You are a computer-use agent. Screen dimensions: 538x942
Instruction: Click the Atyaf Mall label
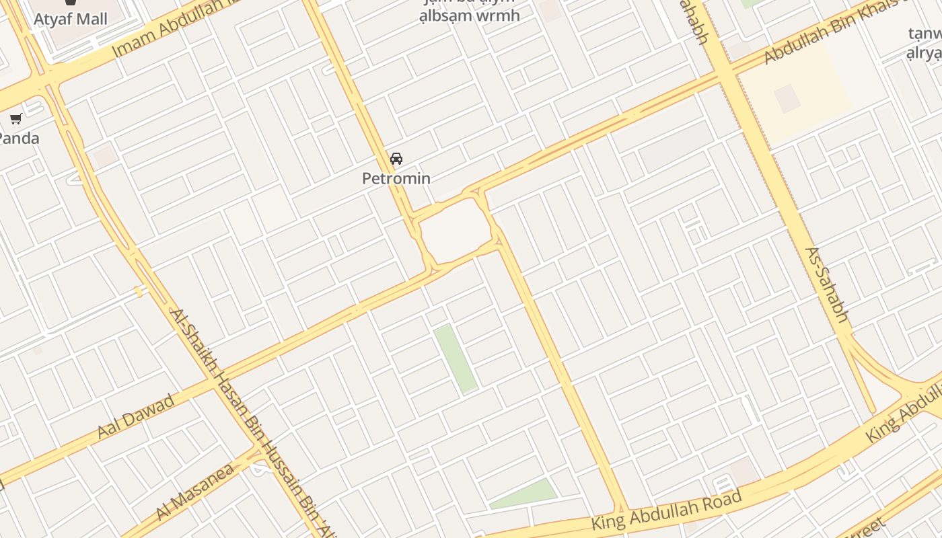coord(71,18)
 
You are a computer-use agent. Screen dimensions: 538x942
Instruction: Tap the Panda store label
coord(18,139)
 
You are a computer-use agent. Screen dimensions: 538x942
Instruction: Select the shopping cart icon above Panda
coord(16,119)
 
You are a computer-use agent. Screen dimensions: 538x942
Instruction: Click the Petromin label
coord(396,178)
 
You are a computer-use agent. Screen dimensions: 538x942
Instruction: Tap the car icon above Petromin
coord(396,159)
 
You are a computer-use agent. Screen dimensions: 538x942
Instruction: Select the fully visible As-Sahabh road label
coord(827,285)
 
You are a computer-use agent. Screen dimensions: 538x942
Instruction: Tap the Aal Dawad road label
coord(136,416)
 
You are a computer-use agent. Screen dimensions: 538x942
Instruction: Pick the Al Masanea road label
coord(195,491)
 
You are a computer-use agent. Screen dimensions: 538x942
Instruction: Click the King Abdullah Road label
coord(666,510)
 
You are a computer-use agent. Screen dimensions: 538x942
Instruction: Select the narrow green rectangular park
coord(456,358)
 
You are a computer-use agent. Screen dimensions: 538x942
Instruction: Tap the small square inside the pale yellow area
coord(787,98)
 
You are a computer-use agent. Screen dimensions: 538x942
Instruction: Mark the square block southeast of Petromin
coord(456,230)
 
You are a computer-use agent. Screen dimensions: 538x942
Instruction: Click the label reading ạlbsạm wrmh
coord(470,15)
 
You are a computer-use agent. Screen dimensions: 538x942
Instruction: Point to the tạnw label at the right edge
coord(925,33)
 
